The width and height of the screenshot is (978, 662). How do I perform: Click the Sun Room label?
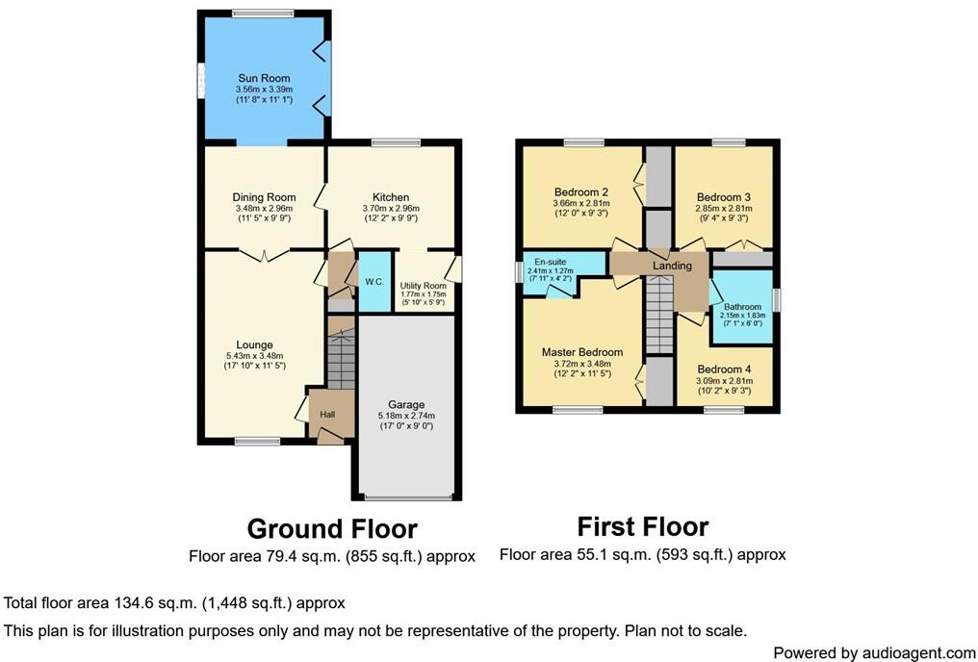pyautogui.click(x=264, y=79)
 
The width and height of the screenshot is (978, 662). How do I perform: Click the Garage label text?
pyautogui.click(x=405, y=405)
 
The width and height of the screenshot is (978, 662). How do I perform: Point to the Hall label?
pyautogui.click(x=327, y=414)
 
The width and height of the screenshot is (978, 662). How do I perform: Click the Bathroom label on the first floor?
pyautogui.click(x=742, y=307)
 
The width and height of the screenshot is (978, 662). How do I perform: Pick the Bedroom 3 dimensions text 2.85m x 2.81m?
pyautogui.click(x=723, y=208)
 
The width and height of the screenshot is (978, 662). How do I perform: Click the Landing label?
pyautogui.click(x=671, y=266)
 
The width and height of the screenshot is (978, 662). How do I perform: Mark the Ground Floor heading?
pyautogui.click(x=332, y=529)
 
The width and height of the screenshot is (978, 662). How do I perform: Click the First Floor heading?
pyautogui.click(x=642, y=526)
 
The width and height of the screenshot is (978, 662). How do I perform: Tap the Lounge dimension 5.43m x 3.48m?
pyautogui.click(x=255, y=356)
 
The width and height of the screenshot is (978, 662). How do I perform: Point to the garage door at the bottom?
pyautogui.click(x=407, y=497)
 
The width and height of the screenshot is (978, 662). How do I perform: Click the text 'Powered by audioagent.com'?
pyautogui.click(x=874, y=652)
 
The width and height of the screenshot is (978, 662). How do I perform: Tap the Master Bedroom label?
pyautogui.click(x=581, y=352)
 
